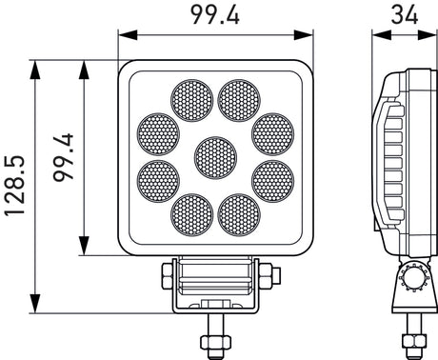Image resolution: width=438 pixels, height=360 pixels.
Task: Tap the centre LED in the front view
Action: [x=215, y=157]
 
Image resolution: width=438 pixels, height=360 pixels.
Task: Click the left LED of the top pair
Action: [x=189, y=99]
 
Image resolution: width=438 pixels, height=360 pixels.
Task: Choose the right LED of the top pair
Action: [x=239, y=99]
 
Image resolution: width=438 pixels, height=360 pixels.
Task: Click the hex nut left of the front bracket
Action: [x=165, y=276]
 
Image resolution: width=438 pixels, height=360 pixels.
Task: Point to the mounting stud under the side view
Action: [x=413, y=339]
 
